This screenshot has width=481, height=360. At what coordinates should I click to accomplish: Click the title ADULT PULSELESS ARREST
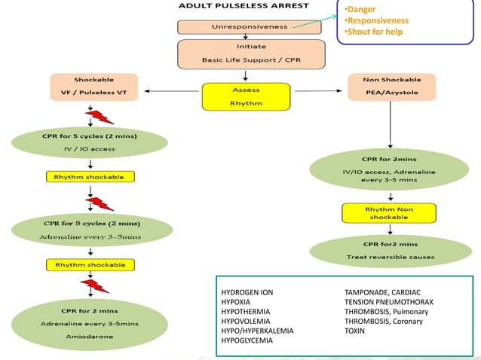(244, 6)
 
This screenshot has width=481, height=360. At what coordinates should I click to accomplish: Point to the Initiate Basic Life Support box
(251, 53)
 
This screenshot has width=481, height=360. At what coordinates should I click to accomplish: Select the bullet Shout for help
(373, 32)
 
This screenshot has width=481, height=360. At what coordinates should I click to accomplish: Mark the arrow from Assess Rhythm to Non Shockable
(320, 92)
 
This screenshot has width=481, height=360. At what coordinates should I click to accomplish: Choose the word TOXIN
(354, 331)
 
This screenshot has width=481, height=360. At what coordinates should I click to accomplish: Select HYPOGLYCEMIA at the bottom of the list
(248, 340)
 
